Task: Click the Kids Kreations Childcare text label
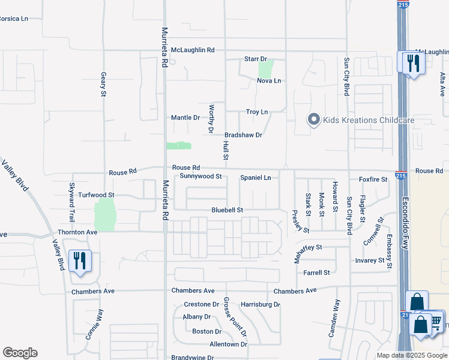[369, 120]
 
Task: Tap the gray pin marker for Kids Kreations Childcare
[313, 120]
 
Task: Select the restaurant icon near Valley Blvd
[80, 261]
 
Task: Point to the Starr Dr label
[255, 59]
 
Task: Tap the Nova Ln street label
[268, 80]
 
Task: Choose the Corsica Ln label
[13, 19]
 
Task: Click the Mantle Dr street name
[185, 118]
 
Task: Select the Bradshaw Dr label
[243, 135]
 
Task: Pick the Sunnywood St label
[201, 176]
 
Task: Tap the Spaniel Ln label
[256, 178]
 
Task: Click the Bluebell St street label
[227, 210]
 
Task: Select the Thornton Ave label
[77, 232]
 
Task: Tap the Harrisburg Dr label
[261, 304]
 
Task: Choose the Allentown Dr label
[228, 344]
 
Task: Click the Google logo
[20, 353]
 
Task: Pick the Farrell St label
[316, 272]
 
